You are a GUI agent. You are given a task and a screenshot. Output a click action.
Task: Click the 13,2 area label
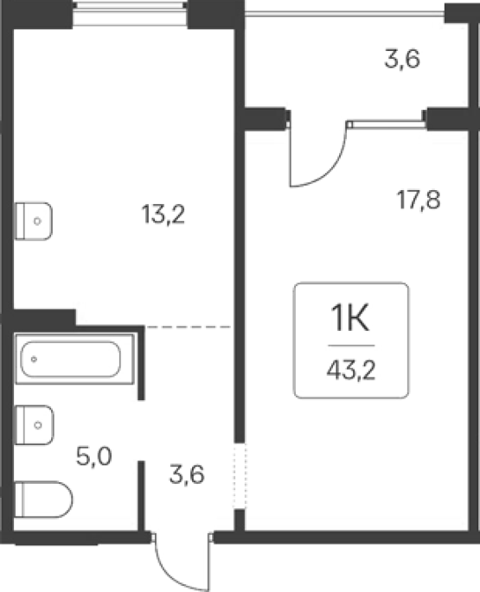tap(163, 214)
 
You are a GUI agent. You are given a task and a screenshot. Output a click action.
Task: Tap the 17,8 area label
tap(419, 200)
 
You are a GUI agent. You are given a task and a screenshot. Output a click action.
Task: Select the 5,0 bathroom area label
tap(93, 456)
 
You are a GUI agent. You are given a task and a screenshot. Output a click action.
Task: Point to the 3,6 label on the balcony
tap(402, 60)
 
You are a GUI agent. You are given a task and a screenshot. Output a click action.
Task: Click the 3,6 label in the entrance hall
tap(187, 474)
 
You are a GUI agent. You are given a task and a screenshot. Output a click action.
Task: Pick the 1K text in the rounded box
tap(350, 318)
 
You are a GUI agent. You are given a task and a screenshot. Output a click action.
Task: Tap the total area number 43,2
tap(351, 371)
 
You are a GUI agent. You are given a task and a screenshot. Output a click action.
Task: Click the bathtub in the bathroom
tap(74, 359)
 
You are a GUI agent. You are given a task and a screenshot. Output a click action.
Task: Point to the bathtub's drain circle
tap(34, 359)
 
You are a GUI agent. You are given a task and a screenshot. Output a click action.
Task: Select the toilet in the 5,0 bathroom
tap(43, 500)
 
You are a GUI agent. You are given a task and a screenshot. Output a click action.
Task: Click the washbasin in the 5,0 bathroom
tap(34, 425)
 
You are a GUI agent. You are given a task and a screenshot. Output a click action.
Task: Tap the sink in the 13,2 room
tap(33, 221)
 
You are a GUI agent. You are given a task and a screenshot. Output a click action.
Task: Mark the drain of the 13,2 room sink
tap(37, 221)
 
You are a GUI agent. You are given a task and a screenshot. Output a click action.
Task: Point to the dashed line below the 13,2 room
tap(189, 327)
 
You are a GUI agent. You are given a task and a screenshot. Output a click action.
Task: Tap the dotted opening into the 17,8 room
tap(239, 475)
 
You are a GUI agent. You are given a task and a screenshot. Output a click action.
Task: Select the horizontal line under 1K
tap(351, 346)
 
